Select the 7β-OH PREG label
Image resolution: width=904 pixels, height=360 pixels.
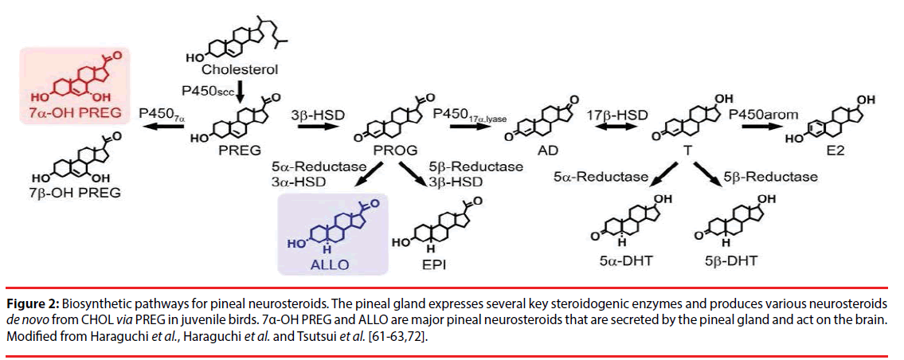click(x=76, y=192)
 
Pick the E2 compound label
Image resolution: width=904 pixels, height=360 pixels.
click(x=843, y=151)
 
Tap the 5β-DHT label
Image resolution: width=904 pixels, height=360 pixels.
click(x=732, y=260)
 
